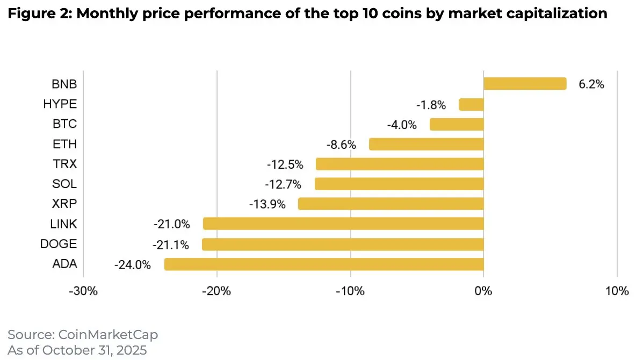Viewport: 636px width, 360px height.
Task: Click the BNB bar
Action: pos(525,84)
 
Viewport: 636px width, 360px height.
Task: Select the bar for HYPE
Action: pos(471,104)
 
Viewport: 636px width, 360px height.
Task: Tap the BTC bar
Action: pos(457,125)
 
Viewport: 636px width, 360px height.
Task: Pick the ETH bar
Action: pos(427,144)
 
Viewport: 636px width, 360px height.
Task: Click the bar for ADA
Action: pos(324,264)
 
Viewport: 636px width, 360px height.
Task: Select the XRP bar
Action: pos(391,204)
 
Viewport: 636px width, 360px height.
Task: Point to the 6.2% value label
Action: pos(591,84)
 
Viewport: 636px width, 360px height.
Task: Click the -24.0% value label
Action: pos(133,264)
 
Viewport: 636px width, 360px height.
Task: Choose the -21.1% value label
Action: pos(171,245)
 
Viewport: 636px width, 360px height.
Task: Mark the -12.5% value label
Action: pos(285,164)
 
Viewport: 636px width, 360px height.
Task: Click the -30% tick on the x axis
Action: pos(84,292)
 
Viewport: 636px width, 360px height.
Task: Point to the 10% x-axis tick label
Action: pos(617,292)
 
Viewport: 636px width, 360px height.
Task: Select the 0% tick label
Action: pos(484,292)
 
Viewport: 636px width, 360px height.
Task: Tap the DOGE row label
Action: pos(59,244)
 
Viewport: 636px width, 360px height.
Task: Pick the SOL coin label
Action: pos(64,184)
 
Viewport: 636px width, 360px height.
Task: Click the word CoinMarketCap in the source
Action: pos(107,335)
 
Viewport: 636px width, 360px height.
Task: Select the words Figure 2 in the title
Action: pos(37,14)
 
